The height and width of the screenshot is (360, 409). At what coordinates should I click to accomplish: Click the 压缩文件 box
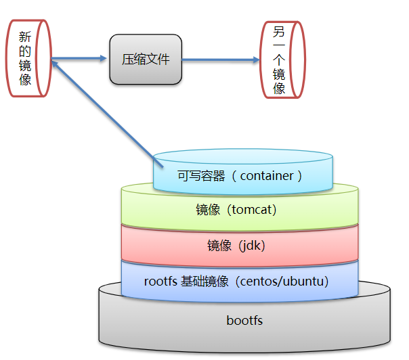146,60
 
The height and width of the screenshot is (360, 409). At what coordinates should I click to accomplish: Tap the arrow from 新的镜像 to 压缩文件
80,59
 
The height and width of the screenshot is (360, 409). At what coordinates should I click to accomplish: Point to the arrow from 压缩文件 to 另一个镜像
220,60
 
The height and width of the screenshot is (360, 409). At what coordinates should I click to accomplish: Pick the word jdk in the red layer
252,246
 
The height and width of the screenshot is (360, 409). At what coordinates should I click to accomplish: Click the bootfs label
244,320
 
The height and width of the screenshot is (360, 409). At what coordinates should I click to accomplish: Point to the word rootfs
160,281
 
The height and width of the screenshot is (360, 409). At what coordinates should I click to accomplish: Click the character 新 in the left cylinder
26,37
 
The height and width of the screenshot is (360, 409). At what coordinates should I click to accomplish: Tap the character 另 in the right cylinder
279,31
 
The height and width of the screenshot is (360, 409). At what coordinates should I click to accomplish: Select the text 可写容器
200,176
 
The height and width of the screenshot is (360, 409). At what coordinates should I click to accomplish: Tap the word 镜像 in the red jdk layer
220,246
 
